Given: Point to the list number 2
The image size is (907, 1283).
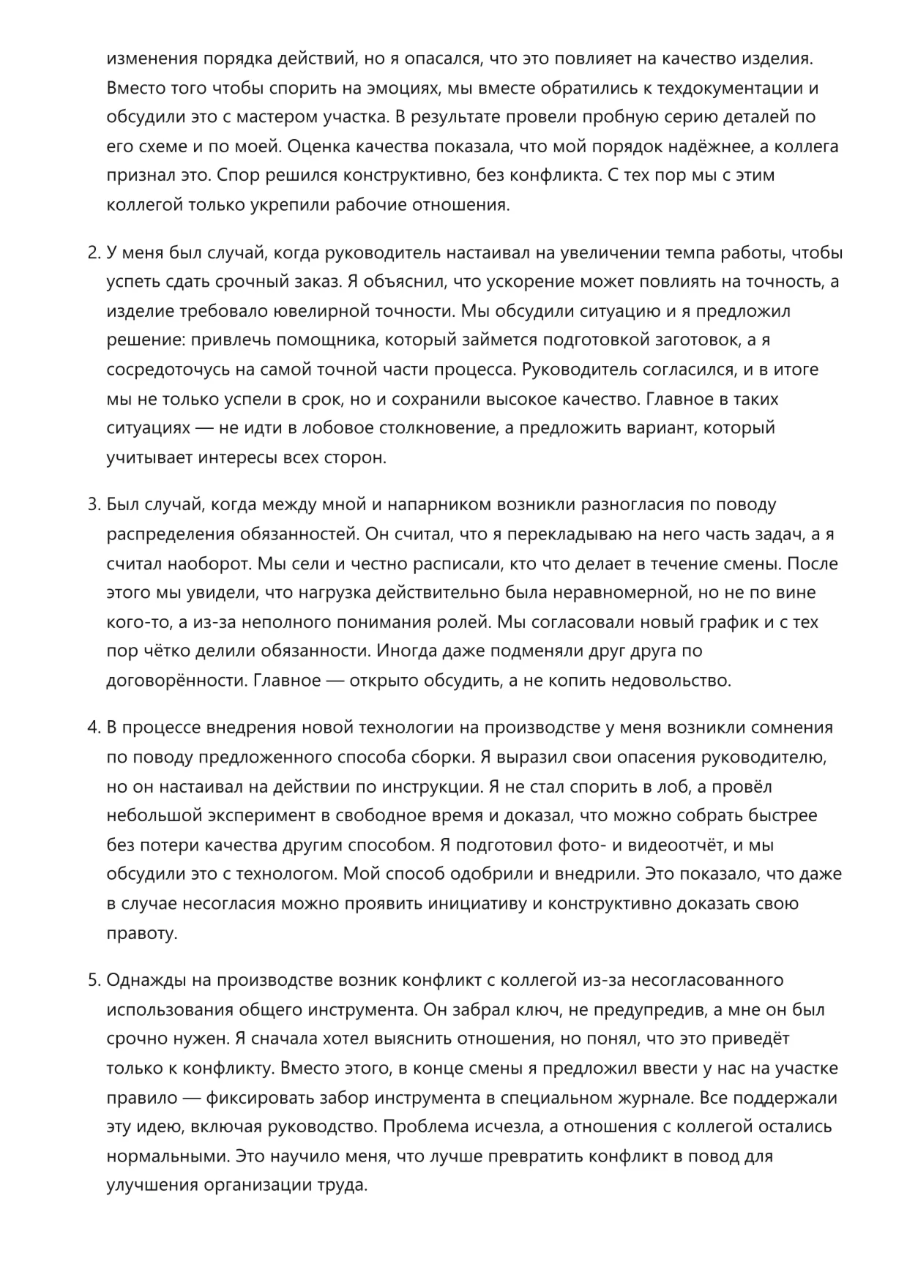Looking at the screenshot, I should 93,253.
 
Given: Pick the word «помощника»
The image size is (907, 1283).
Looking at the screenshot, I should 332,341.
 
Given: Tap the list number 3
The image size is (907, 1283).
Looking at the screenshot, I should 93,505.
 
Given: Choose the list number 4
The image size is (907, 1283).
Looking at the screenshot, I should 93,728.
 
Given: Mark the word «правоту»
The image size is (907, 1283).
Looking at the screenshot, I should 142,933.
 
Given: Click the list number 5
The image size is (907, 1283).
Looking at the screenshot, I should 93,981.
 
